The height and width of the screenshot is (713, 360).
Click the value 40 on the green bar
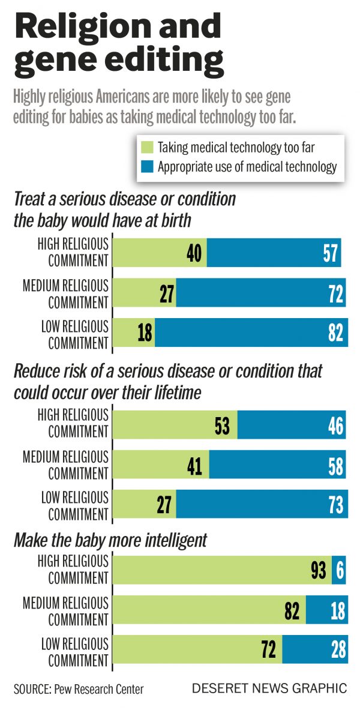coord(193,253)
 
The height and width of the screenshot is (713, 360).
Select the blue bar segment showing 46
coord(292,426)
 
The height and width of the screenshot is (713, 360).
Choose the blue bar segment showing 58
coord(277,465)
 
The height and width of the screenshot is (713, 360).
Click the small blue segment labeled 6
coord(340,570)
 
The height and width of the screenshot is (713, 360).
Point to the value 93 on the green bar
coord(319,570)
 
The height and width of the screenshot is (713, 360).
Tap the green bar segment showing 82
coord(209,610)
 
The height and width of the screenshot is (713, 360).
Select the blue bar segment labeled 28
coord(314,651)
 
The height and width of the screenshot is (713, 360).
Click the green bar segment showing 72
coord(197,651)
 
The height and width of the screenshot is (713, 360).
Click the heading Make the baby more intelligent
coord(110,540)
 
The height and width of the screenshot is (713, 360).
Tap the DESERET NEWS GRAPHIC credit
coord(269,688)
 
